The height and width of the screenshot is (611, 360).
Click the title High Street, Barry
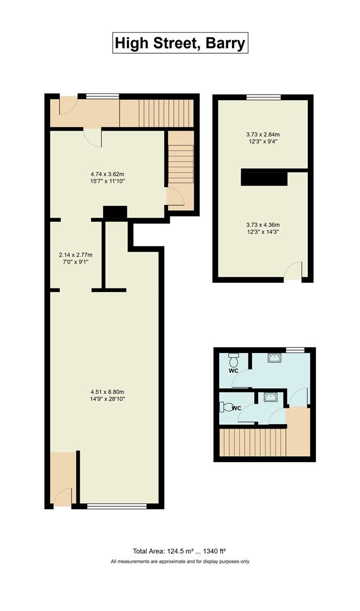pos(180,43)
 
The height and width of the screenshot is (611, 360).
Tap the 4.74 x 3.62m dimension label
pos(107,178)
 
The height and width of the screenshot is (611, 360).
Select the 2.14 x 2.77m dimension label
pos(76,259)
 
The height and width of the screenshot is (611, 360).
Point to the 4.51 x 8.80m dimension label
pos(107,395)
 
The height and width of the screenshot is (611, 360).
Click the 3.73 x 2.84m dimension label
pos(263,137)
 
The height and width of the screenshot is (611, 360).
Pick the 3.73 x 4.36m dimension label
pos(263,227)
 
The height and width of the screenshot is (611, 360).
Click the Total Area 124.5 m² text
pos(179,550)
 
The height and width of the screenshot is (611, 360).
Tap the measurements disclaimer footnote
pos(179,561)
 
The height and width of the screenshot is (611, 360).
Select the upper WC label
pos(233,371)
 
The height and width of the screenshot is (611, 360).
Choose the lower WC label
pos(237,408)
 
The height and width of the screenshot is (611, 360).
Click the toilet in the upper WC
pos(233,360)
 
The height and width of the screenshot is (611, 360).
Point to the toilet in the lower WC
pos(226,407)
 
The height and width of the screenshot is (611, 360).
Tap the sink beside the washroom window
pos(274,358)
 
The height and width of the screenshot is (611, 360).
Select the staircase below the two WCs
pos(251,442)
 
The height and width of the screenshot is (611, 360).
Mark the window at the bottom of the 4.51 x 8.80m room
pos(117,506)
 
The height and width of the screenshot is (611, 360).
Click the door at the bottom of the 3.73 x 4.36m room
pos(293,272)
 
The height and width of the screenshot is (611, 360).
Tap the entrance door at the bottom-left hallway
pos(63,497)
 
